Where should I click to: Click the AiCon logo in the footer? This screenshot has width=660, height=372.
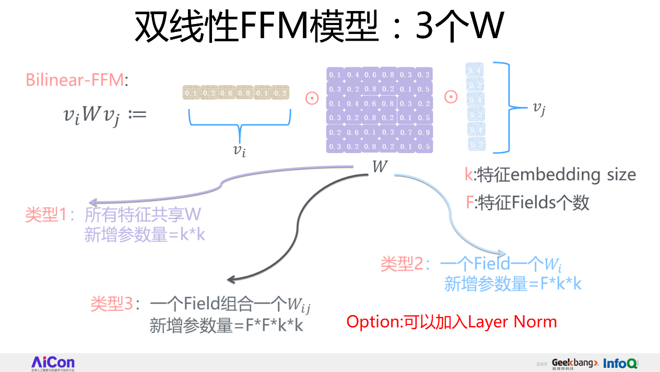tap(53, 363)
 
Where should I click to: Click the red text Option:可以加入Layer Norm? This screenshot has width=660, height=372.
tap(452, 321)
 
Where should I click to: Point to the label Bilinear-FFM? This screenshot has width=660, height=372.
tap(76, 80)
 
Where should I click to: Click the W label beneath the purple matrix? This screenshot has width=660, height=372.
tap(380, 167)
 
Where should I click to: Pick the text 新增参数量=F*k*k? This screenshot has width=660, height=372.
tap(513, 284)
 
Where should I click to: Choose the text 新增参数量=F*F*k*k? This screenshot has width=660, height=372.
tap(226, 326)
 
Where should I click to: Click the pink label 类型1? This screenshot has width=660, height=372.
tap(51, 215)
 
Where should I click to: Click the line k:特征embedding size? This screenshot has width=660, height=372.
tap(550, 175)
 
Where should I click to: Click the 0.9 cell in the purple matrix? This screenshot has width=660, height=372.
tap(423, 132)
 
